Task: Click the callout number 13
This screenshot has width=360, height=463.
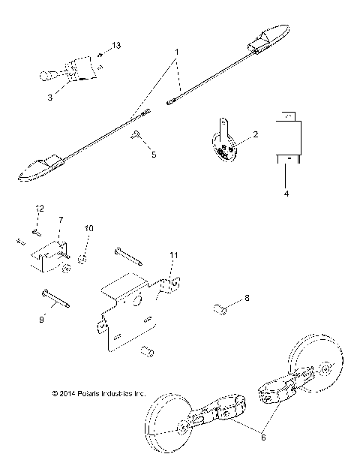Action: [115, 47]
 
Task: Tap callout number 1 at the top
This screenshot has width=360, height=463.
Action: [176, 52]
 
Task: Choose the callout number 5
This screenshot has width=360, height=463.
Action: [154, 155]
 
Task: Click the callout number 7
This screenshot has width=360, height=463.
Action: [61, 221]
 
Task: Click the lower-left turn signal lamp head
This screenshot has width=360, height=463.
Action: [37, 171]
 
